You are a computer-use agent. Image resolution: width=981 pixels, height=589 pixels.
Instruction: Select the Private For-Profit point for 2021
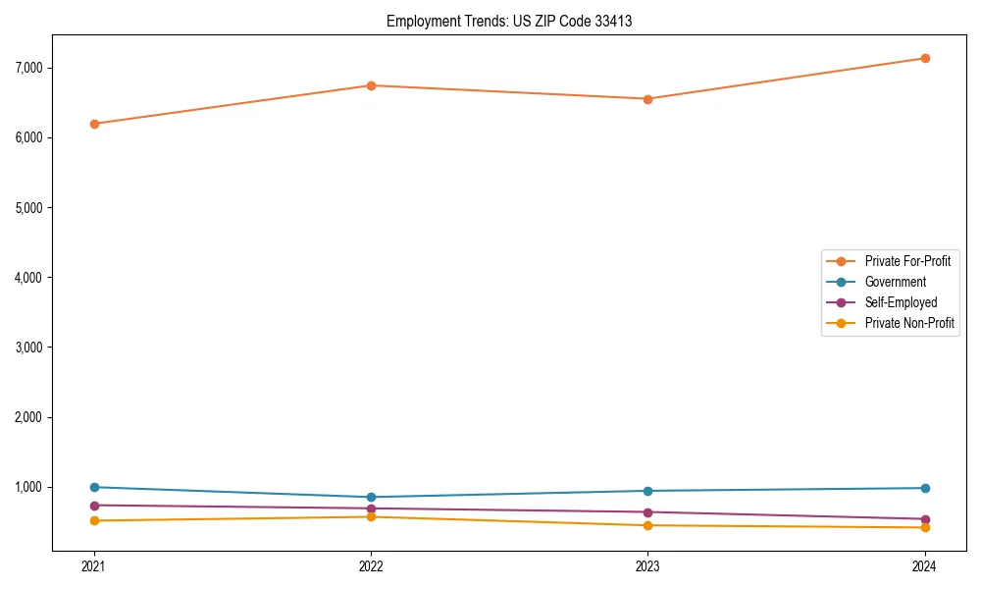[94, 124]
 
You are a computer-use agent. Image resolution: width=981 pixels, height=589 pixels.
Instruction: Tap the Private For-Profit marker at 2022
[371, 85]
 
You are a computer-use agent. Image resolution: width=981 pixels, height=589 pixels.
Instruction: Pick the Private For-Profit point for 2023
[647, 99]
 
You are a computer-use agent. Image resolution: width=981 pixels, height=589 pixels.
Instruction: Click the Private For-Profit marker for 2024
[924, 58]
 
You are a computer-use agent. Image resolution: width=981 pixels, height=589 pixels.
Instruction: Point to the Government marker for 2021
[94, 487]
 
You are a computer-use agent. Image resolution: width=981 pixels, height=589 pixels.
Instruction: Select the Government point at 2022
[371, 497]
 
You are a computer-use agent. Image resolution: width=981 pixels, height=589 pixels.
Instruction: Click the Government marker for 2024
[924, 488]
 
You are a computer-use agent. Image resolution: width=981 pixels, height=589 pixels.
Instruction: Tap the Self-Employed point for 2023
[647, 512]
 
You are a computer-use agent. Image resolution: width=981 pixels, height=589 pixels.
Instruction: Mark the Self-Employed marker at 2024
[924, 519]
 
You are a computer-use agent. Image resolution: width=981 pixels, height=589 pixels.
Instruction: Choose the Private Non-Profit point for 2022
[371, 516]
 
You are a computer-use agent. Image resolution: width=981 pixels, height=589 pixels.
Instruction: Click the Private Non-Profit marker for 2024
[924, 527]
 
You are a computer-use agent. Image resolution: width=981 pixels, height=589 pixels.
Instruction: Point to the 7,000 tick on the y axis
[29, 68]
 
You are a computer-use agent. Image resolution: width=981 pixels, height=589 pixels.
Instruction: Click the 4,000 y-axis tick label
[29, 278]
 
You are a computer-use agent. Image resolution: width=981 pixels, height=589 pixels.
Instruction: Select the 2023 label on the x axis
[647, 565]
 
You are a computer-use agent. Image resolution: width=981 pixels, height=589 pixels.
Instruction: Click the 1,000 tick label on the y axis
[29, 487]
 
